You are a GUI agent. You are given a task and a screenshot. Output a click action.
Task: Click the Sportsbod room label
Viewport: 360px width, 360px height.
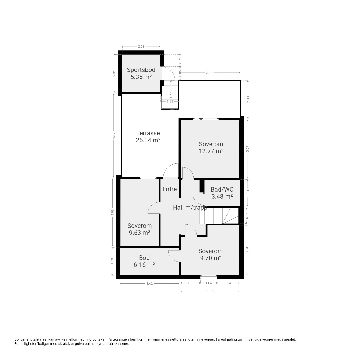point(141,73)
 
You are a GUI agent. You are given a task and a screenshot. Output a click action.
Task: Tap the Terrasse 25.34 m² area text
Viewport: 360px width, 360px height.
point(148,137)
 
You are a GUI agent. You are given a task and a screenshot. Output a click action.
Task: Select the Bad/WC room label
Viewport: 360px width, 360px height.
point(222,193)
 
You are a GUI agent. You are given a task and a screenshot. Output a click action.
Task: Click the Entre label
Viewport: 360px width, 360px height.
point(169,189)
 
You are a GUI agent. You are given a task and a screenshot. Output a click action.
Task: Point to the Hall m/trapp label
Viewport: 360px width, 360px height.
point(190,208)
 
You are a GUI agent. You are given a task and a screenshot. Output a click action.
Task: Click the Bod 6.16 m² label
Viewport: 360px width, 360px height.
point(144,261)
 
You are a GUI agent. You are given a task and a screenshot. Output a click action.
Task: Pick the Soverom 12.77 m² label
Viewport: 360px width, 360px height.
point(211,148)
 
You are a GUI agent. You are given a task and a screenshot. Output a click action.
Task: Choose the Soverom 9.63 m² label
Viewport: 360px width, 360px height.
point(139,229)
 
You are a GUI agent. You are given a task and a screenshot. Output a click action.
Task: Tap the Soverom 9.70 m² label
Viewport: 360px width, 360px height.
point(211,255)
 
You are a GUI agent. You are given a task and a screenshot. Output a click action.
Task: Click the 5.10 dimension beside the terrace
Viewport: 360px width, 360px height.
point(114,136)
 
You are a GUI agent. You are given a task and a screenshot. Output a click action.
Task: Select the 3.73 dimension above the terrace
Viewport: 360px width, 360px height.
point(209,73)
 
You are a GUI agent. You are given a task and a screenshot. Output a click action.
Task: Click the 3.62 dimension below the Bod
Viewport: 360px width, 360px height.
point(149,283)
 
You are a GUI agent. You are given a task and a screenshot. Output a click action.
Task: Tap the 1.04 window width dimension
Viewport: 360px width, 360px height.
point(208,283)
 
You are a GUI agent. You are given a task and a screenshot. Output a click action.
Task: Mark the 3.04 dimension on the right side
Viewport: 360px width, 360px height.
point(247,250)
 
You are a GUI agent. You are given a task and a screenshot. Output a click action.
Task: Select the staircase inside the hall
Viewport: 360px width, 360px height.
point(219,216)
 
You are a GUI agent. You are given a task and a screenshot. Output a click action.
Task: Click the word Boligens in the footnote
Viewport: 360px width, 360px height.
point(21,339)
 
